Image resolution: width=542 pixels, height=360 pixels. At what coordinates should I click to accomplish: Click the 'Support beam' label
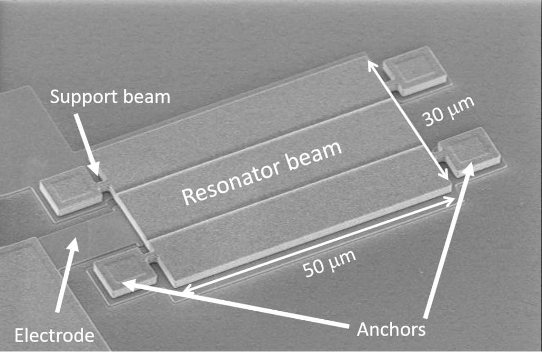[x=110, y=97]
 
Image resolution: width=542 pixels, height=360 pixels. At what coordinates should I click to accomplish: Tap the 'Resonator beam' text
[x=262, y=173]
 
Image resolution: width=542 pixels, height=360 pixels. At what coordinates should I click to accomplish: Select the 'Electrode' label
[x=55, y=336]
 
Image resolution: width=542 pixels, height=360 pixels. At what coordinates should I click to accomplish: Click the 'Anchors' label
[x=391, y=329]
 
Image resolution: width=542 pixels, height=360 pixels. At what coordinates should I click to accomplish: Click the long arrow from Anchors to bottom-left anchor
[x=238, y=304]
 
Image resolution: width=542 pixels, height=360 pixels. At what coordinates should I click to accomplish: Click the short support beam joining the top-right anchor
[x=393, y=83]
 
